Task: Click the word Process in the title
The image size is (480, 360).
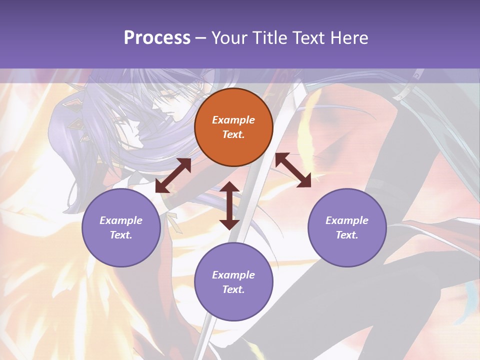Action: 157,38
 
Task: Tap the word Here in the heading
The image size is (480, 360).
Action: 348,38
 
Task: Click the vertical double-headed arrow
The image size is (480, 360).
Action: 229,205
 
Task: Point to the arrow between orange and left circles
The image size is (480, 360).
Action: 173,175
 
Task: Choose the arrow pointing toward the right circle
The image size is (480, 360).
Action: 293,170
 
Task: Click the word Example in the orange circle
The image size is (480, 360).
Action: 233,120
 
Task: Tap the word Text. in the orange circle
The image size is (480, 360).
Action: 233,134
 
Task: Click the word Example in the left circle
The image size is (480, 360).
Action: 121,220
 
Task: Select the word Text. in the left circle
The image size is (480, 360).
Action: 121,235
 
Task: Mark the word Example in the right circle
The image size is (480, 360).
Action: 347,220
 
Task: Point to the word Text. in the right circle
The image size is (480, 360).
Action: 347,235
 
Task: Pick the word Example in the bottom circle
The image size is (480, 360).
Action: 233,275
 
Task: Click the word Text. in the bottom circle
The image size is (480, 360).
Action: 233,289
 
